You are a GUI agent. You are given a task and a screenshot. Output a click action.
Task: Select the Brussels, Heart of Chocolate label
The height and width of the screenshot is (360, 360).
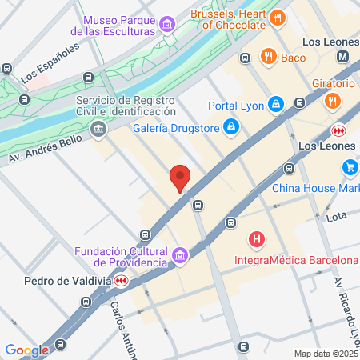229,18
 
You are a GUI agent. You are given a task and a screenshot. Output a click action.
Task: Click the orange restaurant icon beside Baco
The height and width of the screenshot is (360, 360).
267,57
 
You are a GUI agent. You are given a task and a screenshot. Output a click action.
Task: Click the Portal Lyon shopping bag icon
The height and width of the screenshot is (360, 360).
275,104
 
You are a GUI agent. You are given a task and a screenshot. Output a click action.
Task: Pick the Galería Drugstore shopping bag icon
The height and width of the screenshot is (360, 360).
230,126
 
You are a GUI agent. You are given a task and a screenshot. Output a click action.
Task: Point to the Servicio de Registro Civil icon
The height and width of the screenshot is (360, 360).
98,127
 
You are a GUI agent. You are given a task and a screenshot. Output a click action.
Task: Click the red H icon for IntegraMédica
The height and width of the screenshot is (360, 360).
257,238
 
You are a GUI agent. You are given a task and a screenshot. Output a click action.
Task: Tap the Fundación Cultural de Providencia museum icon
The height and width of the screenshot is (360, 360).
180,256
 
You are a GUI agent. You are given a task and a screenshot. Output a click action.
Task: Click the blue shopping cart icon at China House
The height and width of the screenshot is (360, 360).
350,167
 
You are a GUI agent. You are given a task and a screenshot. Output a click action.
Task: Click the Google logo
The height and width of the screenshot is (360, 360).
26,350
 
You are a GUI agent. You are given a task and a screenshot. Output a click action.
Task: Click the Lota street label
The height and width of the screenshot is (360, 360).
336,216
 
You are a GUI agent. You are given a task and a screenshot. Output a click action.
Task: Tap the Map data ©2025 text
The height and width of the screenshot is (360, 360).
326,354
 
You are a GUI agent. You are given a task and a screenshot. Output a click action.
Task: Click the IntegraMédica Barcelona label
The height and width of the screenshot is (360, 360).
295,260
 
